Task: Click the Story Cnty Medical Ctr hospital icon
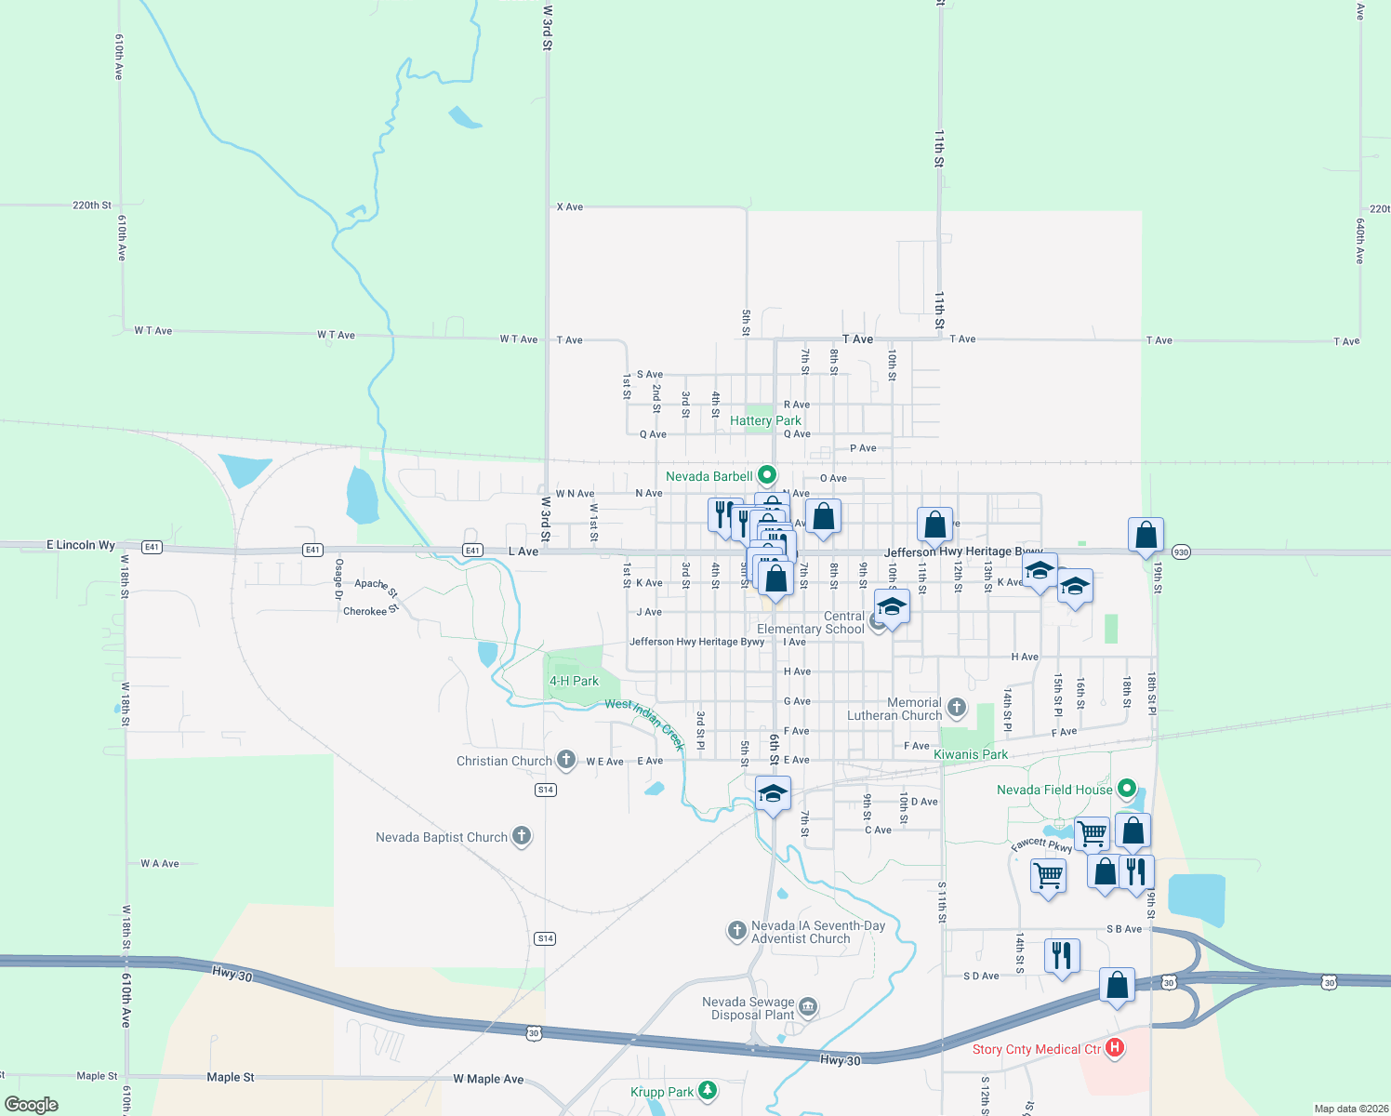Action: pos(1114,1048)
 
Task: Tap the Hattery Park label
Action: pos(765,421)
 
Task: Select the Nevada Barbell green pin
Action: pos(767,476)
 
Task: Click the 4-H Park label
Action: pos(574,681)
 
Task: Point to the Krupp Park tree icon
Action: pos(708,1090)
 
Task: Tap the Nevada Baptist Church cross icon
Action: pos(522,836)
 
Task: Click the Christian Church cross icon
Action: pos(565,760)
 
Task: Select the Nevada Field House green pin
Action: pos(1127,790)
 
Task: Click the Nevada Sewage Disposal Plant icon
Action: pos(808,1007)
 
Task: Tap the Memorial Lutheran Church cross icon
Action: pos(956,709)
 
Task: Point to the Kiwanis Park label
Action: pos(971,754)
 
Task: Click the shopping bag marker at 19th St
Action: pos(1146,536)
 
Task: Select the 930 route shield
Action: pos(1180,551)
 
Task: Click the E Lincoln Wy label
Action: pos(81,545)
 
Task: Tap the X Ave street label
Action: pos(570,206)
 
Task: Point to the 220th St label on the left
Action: pos(92,206)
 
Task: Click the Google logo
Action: pos(32,1104)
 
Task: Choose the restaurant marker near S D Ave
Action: pos(1061,956)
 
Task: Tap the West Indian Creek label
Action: pos(645,723)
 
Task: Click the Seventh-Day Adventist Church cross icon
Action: pos(736,930)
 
